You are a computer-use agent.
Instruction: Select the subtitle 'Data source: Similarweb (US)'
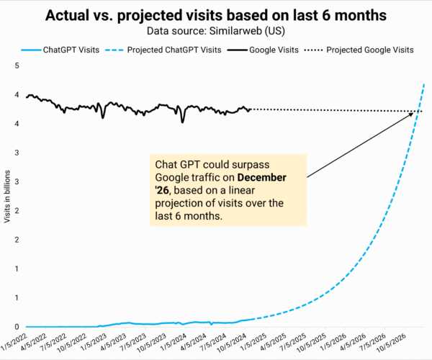click(215, 31)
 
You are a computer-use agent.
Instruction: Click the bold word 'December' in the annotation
click(262, 177)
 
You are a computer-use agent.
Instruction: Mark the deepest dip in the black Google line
click(182, 122)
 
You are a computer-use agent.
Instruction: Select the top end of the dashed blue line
click(424, 84)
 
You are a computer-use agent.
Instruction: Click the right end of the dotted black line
click(424, 111)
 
